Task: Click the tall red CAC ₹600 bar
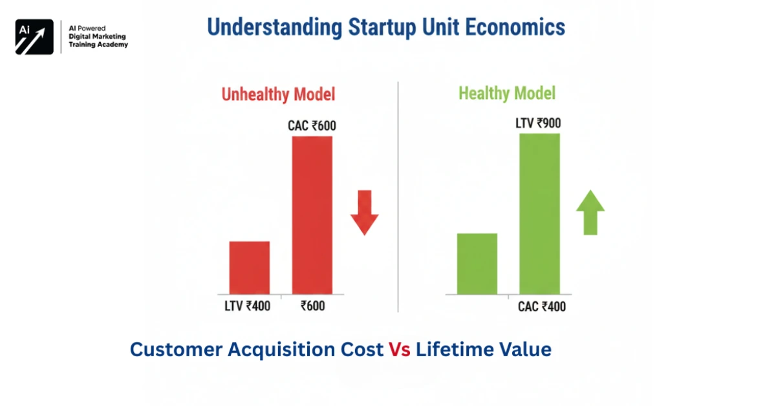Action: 312,215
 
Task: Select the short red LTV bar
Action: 250,268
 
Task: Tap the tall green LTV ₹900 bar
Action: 539,213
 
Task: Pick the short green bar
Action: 477,264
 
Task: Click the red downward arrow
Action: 365,212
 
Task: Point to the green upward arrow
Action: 590,212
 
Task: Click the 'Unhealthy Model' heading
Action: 278,94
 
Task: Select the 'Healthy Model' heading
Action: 506,94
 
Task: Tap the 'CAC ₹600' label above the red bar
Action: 312,126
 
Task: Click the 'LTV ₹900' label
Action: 539,123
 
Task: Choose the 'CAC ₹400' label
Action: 541,306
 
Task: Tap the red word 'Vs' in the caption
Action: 400,350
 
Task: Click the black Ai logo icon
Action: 34,37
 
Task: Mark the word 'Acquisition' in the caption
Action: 276,350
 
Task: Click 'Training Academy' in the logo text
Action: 98,45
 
